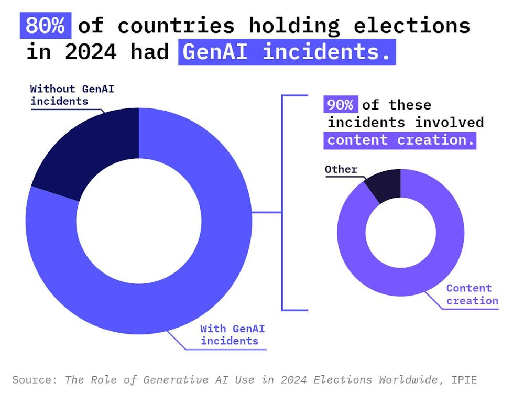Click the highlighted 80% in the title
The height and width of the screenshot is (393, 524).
[46, 25]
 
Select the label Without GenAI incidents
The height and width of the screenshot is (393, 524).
[72, 95]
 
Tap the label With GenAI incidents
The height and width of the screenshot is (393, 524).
[232, 335]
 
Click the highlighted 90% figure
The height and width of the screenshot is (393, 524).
[341, 105]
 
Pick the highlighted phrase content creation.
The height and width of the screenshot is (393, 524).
[401, 140]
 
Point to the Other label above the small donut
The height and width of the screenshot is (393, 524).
[341, 169]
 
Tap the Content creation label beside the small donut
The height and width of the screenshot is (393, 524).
[469, 294]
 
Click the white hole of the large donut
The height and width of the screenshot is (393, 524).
[139, 220]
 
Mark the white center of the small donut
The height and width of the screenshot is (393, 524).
[400, 232]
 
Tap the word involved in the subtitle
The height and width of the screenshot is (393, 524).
[450, 123]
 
